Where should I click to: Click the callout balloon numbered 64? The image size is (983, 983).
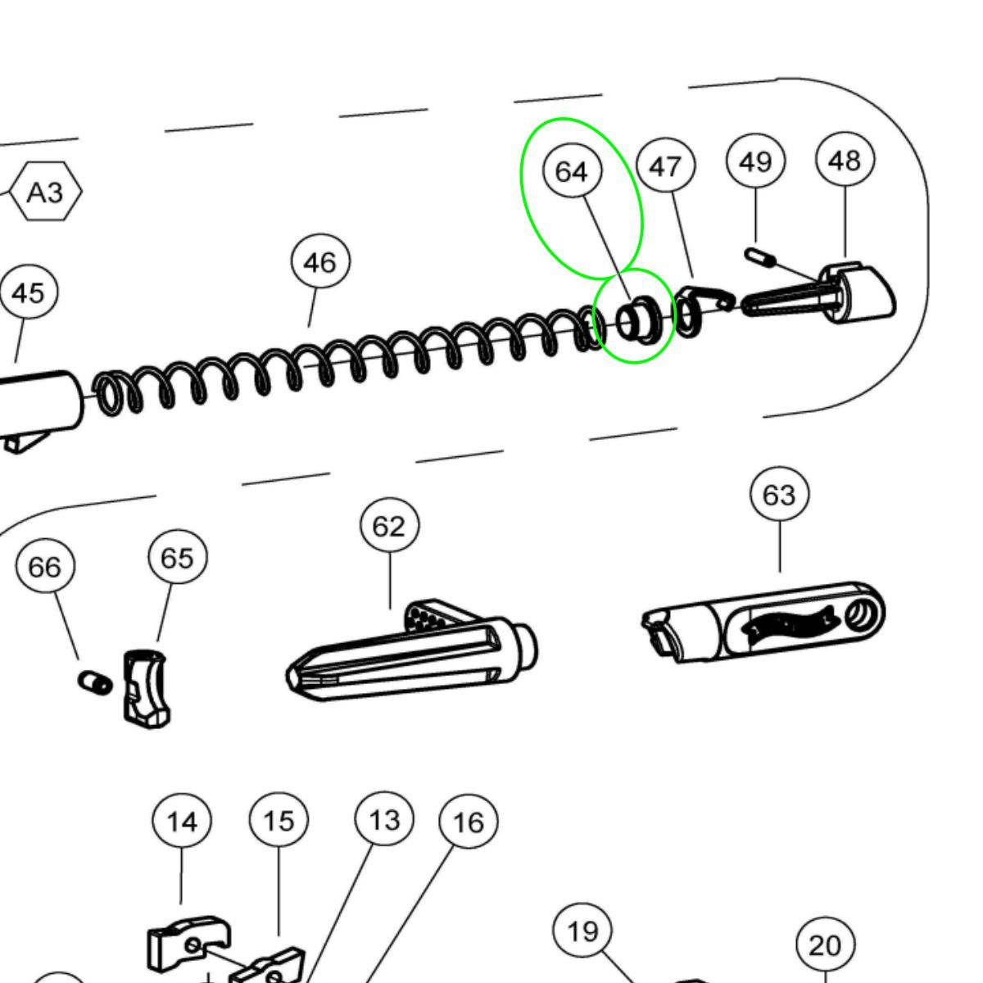pos(572,171)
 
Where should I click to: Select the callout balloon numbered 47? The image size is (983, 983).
pos(665,166)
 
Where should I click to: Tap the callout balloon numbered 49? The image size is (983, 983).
pos(755,161)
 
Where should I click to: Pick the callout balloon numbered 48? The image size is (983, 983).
pos(845,159)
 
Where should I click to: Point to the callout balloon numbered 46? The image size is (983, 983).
pos(319,262)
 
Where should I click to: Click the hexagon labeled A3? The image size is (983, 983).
pos(46,192)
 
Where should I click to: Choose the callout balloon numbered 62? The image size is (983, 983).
pos(389,526)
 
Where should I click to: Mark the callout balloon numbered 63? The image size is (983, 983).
pos(778,495)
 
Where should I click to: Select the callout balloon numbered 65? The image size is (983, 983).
pos(177,557)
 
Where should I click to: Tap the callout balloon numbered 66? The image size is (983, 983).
pos(44,566)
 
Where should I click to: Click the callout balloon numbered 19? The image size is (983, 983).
pos(582,931)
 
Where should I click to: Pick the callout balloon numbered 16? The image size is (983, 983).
pos(468,822)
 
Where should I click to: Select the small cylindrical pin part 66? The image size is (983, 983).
pos(95,682)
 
